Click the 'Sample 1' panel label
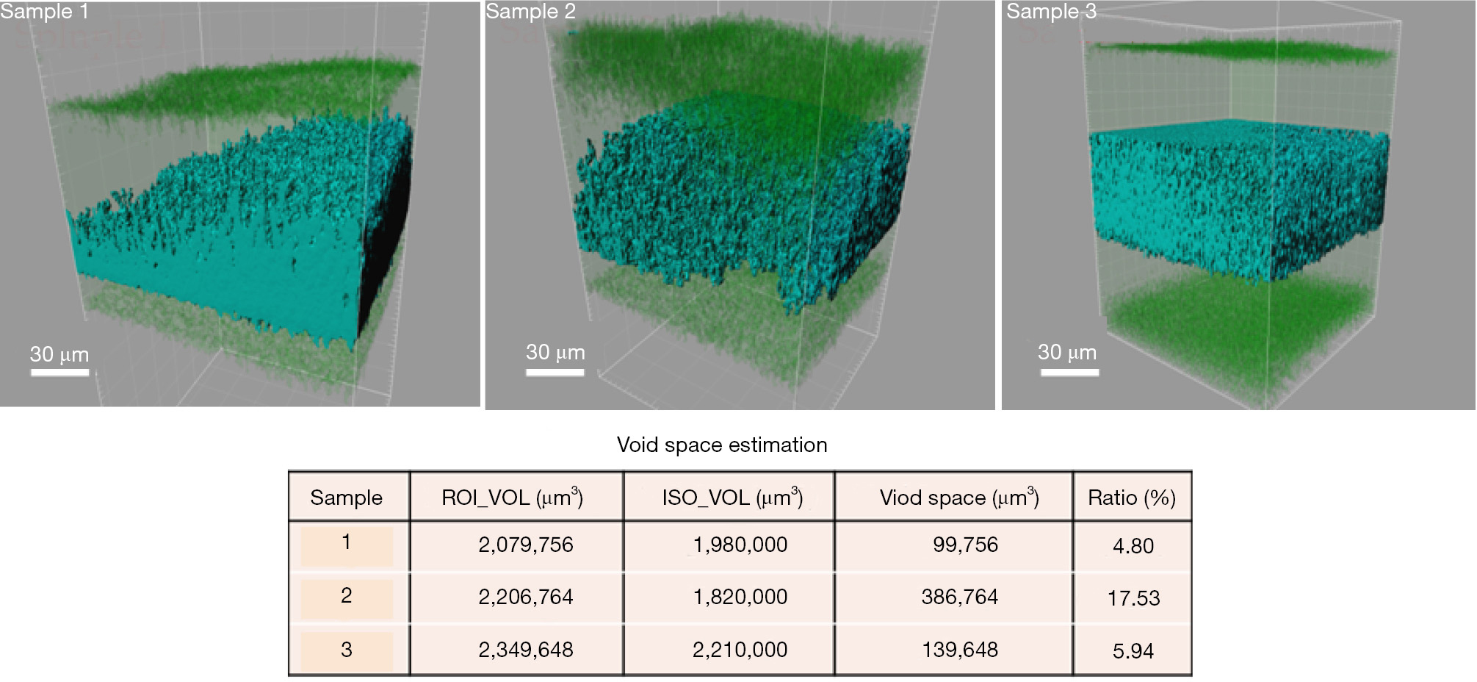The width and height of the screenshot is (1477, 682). click(x=44, y=12)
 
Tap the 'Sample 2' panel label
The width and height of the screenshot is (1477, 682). click(x=530, y=12)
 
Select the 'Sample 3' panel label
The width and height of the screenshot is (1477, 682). click(x=1051, y=12)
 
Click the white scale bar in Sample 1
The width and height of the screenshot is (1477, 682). click(x=59, y=373)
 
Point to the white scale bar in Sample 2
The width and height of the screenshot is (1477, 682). click(x=555, y=373)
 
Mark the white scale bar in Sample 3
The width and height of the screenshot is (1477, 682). click(x=1069, y=373)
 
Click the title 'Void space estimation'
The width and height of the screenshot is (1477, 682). click(x=722, y=445)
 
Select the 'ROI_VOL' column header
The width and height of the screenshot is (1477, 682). click(x=512, y=498)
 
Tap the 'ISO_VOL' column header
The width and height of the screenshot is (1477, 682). click(x=732, y=498)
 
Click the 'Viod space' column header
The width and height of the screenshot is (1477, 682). click(x=959, y=498)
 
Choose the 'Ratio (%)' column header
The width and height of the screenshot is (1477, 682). click(x=1132, y=498)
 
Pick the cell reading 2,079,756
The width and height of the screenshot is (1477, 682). click(x=526, y=545)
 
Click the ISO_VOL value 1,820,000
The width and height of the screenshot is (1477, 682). click(x=740, y=597)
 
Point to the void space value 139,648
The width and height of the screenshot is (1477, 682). click(x=960, y=650)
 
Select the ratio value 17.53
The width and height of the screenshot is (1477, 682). click(x=1133, y=598)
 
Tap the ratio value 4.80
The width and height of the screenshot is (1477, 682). click(x=1133, y=546)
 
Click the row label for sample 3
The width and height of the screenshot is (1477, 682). click(x=347, y=650)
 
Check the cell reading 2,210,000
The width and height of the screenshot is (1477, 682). click(x=740, y=650)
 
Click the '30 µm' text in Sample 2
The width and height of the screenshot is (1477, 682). click(x=555, y=353)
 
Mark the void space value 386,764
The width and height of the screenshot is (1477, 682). click(x=960, y=597)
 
